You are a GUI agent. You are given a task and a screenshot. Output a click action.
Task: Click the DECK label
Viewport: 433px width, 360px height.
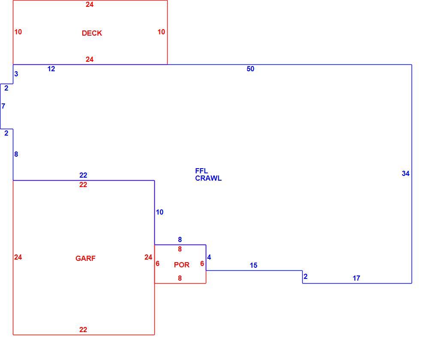pyautogui.click(x=92, y=33)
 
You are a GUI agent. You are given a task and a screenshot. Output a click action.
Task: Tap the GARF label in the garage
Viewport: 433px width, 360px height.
pyautogui.click(x=85, y=258)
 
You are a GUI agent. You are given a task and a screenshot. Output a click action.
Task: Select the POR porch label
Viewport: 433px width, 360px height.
pyautogui.click(x=182, y=265)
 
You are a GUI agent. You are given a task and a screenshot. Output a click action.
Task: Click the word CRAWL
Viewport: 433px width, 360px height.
pyautogui.click(x=208, y=178)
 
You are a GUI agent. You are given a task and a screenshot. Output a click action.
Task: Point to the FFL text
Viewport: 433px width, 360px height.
pyautogui.click(x=201, y=171)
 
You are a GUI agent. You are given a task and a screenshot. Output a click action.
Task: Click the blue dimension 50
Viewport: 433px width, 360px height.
pyautogui.click(x=250, y=69)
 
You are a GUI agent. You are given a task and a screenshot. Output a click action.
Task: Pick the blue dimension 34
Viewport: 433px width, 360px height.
pyautogui.click(x=406, y=173)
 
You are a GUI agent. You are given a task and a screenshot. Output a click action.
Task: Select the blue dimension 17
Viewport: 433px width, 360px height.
pyautogui.click(x=356, y=278)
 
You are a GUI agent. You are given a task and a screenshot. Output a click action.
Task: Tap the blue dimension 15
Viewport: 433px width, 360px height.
pyautogui.click(x=253, y=265)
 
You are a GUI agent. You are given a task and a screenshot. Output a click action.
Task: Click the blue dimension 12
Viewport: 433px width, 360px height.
pyautogui.click(x=51, y=69)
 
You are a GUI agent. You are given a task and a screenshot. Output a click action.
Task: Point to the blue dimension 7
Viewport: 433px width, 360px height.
pyautogui.click(x=3, y=106)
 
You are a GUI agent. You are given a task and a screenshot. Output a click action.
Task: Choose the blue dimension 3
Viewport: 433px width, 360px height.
pyautogui.click(x=16, y=74)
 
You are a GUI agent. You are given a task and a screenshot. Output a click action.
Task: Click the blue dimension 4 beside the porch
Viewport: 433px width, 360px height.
pyautogui.click(x=209, y=257)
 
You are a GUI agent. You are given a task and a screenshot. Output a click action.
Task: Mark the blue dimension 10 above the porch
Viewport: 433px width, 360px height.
pyautogui.click(x=159, y=212)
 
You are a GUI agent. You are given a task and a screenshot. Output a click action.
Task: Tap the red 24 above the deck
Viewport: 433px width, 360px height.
pyautogui.click(x=90, y=4)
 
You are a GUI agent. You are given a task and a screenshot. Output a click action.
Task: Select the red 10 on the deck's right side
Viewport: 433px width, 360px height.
pyautogui.click(x=161, y=32)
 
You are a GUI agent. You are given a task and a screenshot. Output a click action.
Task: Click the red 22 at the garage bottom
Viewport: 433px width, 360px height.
pyautogui.click(x=83, y=330)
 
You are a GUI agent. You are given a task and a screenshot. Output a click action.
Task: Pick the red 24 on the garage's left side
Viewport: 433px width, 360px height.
pyautogui.click(x=18, y=257)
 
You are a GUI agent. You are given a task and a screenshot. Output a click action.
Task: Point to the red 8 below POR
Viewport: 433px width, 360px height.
pyautogui.click(x=180, y=278)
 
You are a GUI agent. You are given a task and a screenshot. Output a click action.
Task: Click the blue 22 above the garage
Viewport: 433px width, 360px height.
pyautogui.click(x=83, y=175)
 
